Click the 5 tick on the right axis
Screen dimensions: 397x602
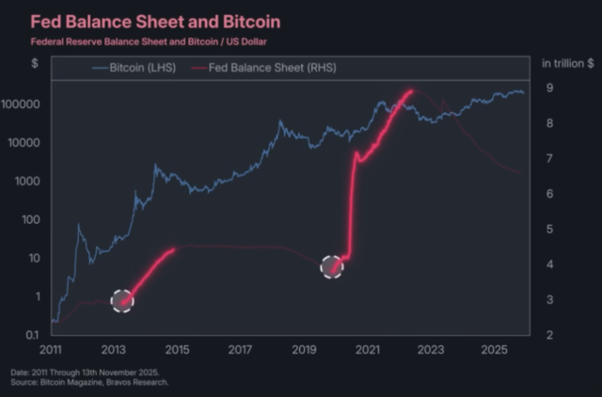pyautogui.click(x=547, y=230)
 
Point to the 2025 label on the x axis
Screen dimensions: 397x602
pyautogui.click(x=494, y=350)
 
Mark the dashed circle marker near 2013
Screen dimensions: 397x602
pyautogui.click(x=123, y=300)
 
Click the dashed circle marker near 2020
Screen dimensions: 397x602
pyautogui.click(x=332, y=267)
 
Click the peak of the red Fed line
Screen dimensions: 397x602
pyautogui.click(x=410, y=90)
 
